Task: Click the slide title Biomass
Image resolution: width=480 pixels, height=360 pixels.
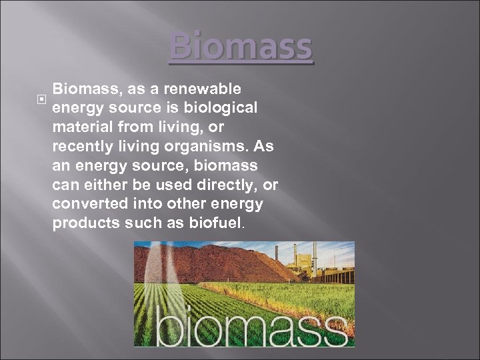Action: tap(241, 47)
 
